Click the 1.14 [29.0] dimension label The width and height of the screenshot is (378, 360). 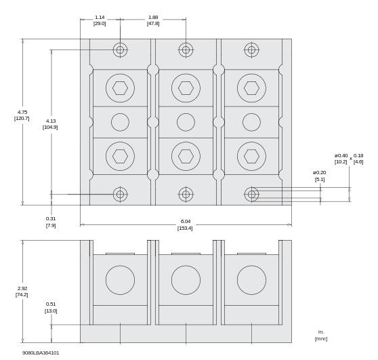pyautogui.click(x=100, y=20)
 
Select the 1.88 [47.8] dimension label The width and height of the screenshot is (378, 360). pyautogui.click(x=153, y=20)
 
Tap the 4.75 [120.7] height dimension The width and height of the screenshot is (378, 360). pyautogui.click(x=22, y=115)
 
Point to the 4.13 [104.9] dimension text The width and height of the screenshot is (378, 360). pyautogui.click(x=50, y=124)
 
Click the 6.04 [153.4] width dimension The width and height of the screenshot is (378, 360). pyautogui.click(x=186, y=224)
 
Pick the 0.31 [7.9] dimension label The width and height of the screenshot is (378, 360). pyautogui.click(x=51, y=222)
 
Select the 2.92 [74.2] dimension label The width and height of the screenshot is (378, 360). pyautogui.click(x=22, y=292)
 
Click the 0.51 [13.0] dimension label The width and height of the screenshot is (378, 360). pyautogui.click(x=51, y=308)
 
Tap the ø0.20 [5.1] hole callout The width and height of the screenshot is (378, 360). pyautogui.click(x=320, y=176)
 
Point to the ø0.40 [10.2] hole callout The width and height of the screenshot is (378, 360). pyautogui.click(x=341, y=159)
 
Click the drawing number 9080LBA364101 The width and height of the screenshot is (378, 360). pyautogui.click(x=41, y=353)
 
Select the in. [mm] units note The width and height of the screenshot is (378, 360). pyautogui.click(x=320, y=335)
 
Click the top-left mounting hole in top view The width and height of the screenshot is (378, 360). pyautogui.click(x=120, y=49)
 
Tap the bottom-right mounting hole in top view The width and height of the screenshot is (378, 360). pyautogui.click(x=251, y=195)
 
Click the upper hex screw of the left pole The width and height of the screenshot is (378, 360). pyautogui.click(x=120, y=88)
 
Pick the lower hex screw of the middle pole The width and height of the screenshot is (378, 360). pyautogui.click(x=186, y=156)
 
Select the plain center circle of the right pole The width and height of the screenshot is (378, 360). pyautogui.click(x=251, y=122)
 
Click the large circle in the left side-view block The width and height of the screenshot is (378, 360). pyautogui.click(x=120, y=280)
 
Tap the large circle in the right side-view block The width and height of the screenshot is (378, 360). pyautogui.click(x=251, y=280)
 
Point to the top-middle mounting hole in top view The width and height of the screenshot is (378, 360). pyautogui.click(x=186, y=49)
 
